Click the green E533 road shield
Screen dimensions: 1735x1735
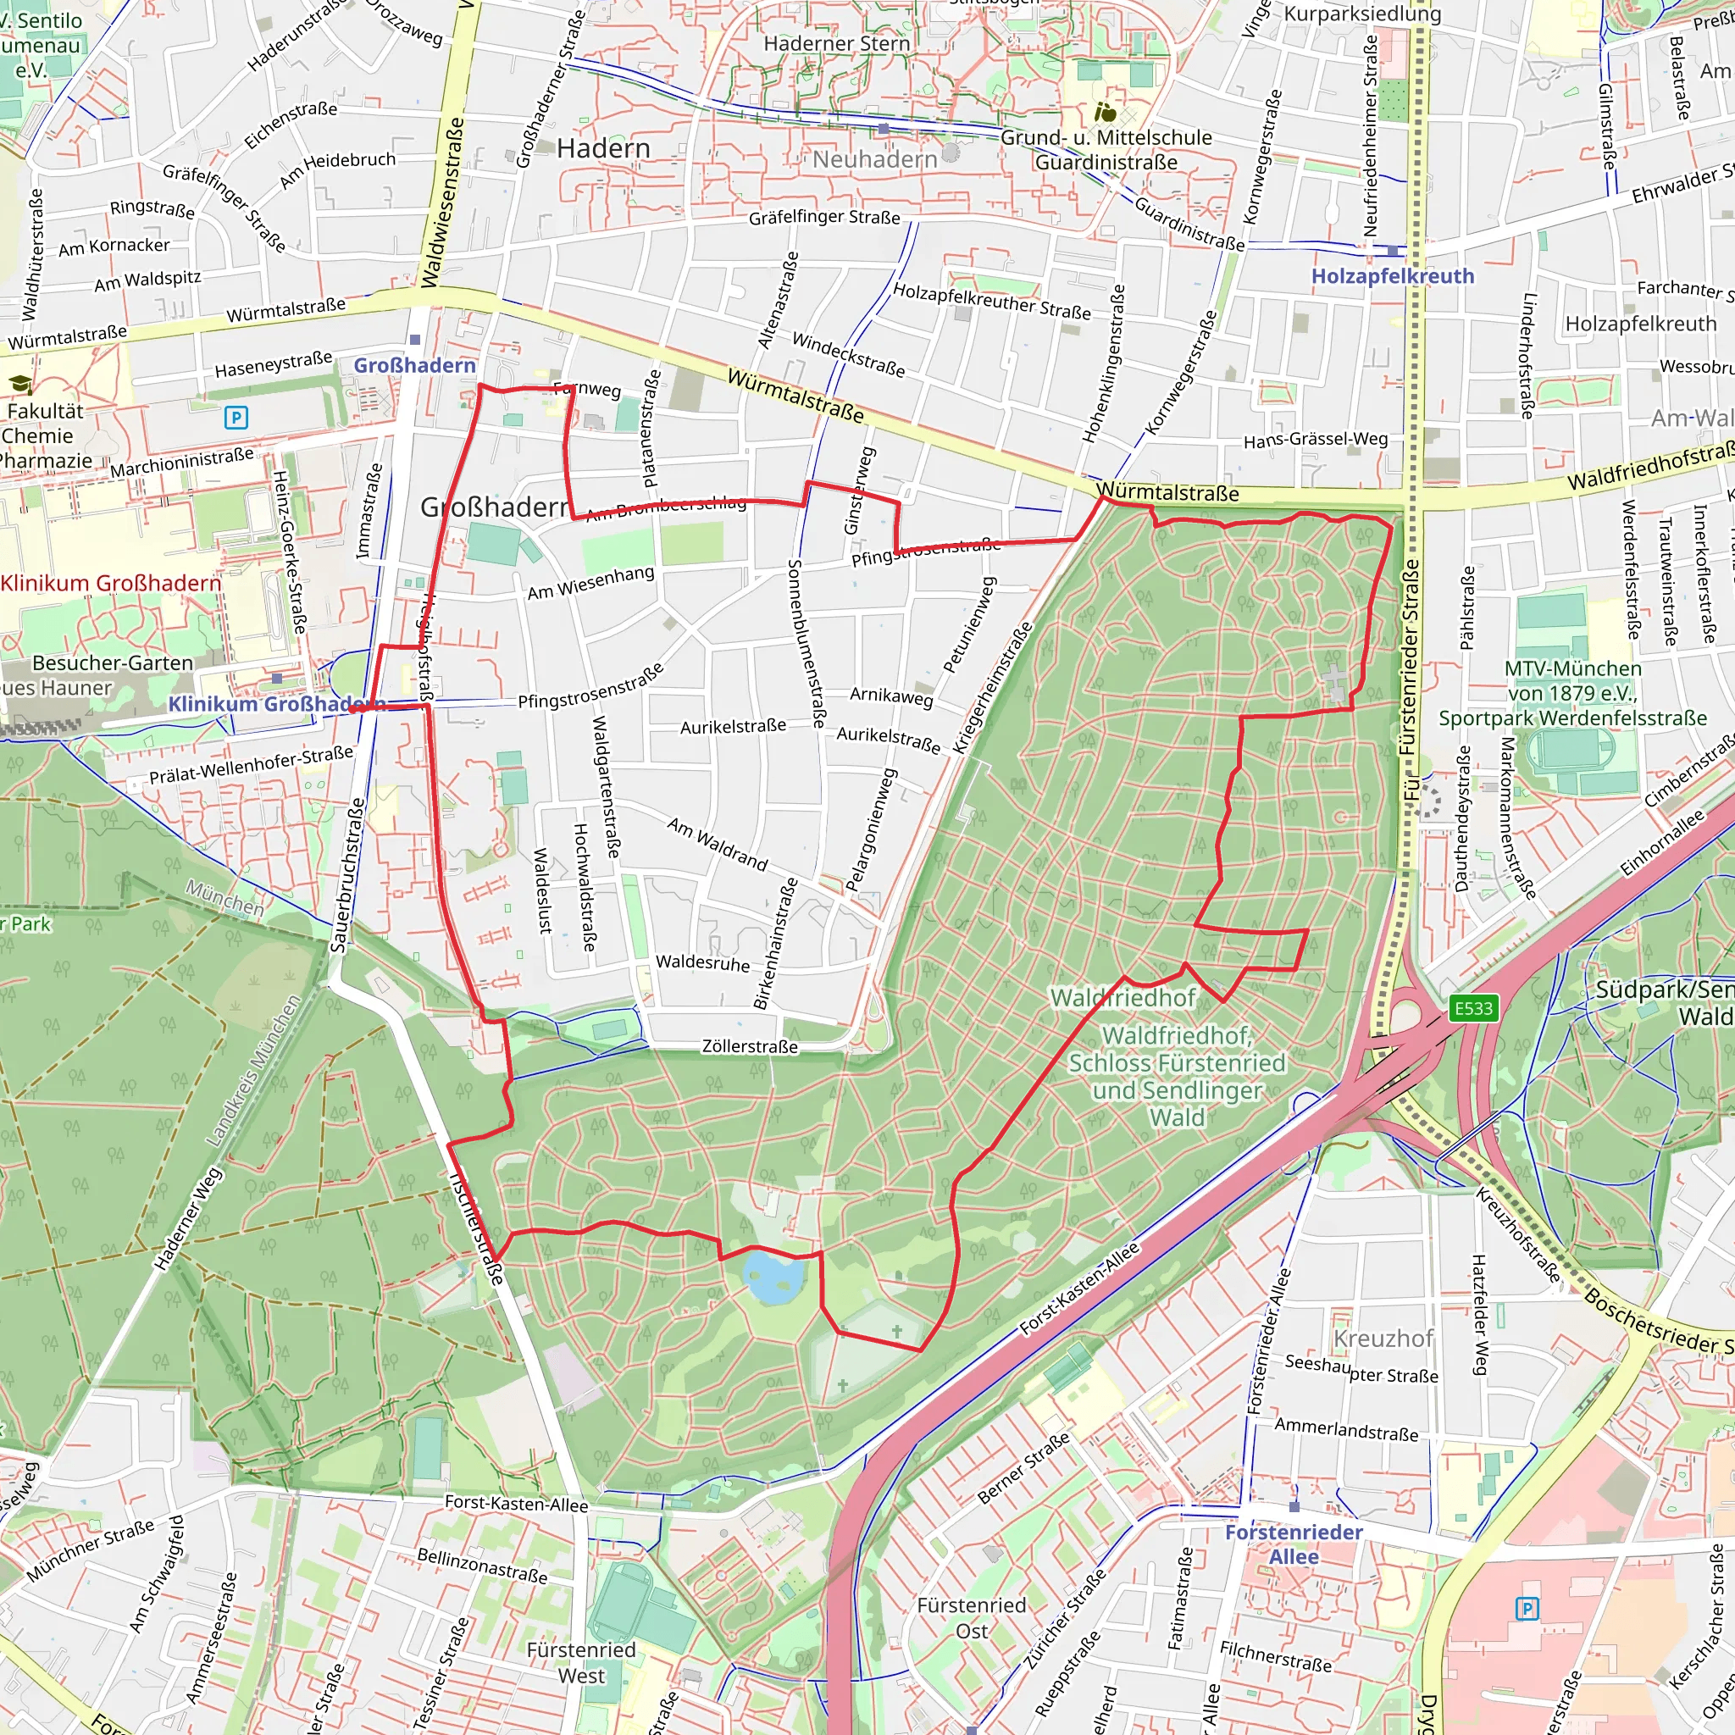(1472, 1008)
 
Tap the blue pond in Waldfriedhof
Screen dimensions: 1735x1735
(774, 1276)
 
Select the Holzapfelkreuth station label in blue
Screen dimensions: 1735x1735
(1392, 275)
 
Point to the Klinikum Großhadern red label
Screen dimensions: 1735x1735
(110, 584)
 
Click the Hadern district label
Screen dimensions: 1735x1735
(603, 148)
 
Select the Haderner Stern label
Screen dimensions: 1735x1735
(836, 43)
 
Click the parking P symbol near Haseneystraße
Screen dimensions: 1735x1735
(236, 417)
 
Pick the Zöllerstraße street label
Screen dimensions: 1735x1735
(749, 1046)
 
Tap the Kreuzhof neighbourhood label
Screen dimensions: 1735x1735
(1383, 1338)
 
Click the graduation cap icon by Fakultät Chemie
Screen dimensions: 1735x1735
(19, 385)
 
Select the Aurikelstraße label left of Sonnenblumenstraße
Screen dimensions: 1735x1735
(733, 727)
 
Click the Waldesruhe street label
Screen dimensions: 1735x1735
(702, 962)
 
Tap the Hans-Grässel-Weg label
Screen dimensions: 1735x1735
(1315, 439)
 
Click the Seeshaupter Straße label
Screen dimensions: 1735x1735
(1361, 1369)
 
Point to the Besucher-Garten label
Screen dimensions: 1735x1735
(113, 662)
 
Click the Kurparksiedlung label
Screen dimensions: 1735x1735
(1361, 14)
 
